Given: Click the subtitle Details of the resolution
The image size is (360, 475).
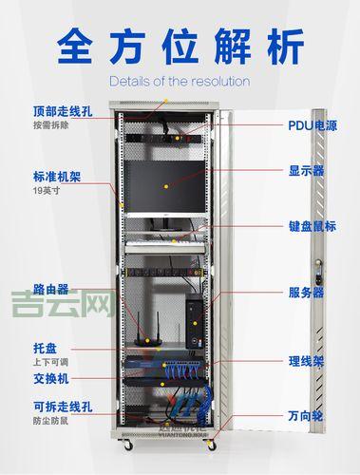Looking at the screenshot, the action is [x=180, y=81].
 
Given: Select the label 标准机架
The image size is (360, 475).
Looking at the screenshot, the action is [x=53, y=176].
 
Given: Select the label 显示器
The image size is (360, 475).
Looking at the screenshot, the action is [x=307, y=172].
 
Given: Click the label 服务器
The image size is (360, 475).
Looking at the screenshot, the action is [x=307, y=292].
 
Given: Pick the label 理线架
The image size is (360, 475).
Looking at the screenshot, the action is [x=307, y=361].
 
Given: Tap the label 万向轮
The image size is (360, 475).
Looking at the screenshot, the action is [x=307, y=416].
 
